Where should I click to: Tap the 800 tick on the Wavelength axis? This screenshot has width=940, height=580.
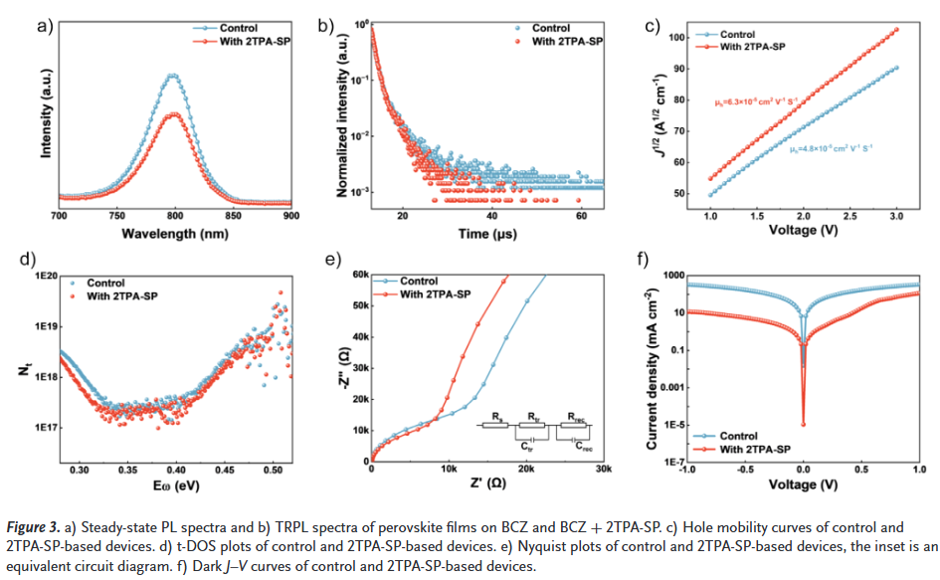click(x=176, y=215)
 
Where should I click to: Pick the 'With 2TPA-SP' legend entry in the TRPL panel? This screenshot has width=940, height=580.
click(x=567, y=42)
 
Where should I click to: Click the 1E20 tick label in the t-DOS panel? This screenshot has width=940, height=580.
click(x=44, y=275)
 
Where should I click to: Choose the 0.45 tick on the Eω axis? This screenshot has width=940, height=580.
click(x=225, y=468)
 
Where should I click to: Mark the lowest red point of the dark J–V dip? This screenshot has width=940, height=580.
click(x=803, y=425)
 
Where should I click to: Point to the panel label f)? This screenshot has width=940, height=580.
click(x=643, y=261)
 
